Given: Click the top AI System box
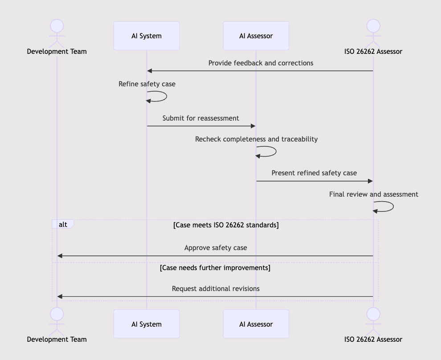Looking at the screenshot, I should coord(146,36).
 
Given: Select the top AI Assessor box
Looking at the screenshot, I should coord(256,36).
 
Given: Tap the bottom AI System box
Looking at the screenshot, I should coord(146,324).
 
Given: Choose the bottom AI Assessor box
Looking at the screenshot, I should coord(256,324).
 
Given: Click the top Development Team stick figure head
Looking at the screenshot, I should coord(57,25).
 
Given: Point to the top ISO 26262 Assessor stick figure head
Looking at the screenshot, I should coord(373,25).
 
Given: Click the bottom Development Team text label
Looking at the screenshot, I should coord(57,339).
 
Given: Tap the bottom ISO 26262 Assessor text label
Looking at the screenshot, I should coord(373,339).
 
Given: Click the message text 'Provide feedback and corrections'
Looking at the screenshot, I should coord(261,63).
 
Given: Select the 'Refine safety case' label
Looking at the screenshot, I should coord(147,84).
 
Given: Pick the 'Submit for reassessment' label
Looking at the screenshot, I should coord(200,118).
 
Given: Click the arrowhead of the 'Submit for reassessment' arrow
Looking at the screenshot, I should coord(253,126).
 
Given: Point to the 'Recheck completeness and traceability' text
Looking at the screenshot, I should coord(256,139).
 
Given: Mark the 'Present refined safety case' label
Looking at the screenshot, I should coord(314,173).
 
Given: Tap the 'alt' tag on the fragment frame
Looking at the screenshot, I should coord(63,224).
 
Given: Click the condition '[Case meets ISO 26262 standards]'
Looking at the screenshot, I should coord(226,225).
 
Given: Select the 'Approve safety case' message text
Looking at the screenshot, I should coord(216,247).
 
